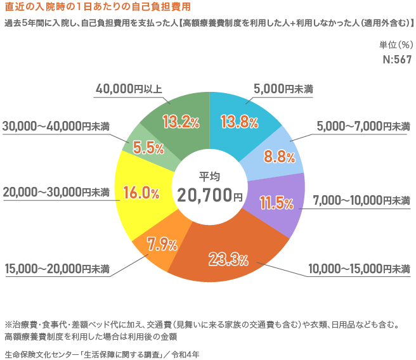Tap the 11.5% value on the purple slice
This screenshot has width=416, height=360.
coord(276,203)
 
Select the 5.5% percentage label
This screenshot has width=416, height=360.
coord(147,148)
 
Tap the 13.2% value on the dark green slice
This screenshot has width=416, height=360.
coord(181,120)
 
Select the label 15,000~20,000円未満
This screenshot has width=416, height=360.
coord(57,269)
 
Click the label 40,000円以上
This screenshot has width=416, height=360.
coord(129,89)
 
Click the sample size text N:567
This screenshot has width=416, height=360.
coord(397,60)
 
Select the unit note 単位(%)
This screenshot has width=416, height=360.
coord(396,44)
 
